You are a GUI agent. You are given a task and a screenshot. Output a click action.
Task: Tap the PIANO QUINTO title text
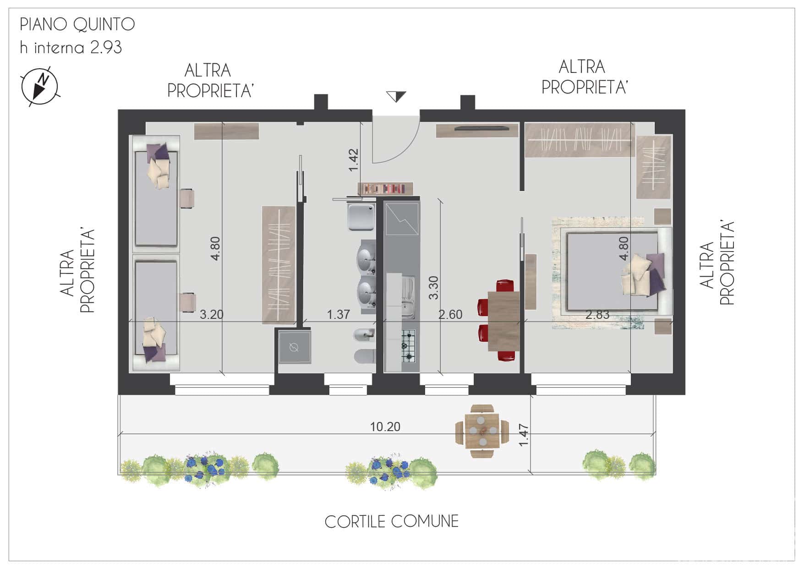77,25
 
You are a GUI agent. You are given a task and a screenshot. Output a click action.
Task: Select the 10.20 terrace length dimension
385,427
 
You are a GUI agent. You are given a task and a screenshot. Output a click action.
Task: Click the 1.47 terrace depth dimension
524,435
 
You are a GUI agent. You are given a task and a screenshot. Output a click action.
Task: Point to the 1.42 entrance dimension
353,160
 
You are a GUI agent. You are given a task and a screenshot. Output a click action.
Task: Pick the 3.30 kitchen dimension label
433,288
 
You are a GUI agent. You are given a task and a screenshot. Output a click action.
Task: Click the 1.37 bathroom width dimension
338,314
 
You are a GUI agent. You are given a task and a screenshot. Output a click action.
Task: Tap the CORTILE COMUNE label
392,521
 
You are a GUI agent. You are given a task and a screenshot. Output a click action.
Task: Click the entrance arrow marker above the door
396,96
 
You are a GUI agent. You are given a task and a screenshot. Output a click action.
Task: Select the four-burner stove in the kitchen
408,345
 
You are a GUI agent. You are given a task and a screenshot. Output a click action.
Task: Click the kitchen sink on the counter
408,297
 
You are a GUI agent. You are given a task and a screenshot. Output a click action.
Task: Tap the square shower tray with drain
295,347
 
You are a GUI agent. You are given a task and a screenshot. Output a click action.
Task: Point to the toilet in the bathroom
365,356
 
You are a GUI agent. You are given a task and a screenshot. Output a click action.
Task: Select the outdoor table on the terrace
482,431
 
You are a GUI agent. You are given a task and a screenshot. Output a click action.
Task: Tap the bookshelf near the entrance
385,188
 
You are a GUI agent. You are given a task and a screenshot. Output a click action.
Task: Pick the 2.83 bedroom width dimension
597,314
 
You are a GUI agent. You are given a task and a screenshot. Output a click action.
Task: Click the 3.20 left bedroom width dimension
212,314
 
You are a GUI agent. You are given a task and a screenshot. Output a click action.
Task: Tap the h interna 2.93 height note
71,48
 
